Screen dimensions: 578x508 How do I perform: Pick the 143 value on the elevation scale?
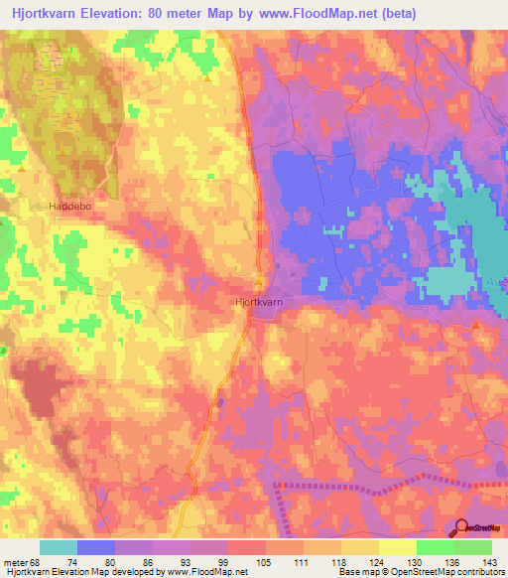coord(490,562)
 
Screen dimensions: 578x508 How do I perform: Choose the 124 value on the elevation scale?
coord(377,562)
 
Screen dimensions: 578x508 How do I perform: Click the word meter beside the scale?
coord(16,562)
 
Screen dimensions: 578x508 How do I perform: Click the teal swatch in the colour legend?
coord(58,547)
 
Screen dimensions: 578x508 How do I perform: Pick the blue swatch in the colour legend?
coord(95,547)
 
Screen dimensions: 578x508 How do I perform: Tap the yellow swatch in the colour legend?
coord(397,547)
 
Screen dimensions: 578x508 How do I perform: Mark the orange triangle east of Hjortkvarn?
coord(476,325)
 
